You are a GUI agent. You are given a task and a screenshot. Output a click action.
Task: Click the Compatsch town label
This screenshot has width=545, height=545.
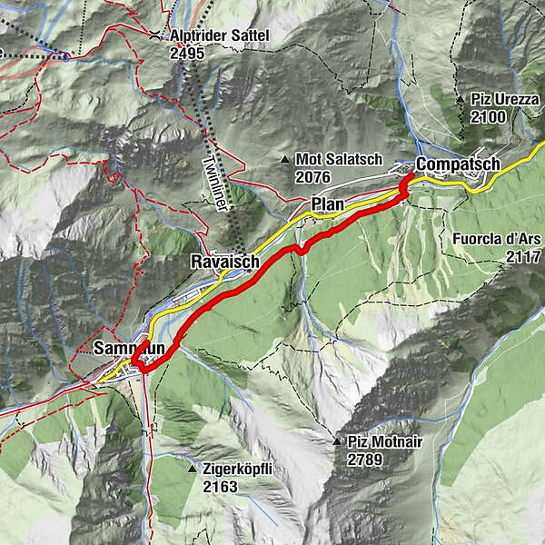(x=458, y=164)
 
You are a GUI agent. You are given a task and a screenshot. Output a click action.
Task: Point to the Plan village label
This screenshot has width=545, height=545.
(x=328, y=204)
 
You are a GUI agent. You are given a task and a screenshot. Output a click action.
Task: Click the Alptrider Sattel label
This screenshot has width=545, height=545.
(x=220, y=36)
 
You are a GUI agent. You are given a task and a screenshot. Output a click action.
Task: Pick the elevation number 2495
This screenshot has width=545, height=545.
(x=187, y=53)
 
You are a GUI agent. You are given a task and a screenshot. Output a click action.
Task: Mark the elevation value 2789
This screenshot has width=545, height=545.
(x=364, y=460)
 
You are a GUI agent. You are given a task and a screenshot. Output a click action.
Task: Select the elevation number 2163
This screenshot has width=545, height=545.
(x=220, y=487)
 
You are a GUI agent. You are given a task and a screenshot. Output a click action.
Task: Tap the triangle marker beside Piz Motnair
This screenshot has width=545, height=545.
(x=337, y=441)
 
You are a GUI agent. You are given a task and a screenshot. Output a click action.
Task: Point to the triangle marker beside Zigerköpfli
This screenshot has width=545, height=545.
(x=193, y=470)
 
